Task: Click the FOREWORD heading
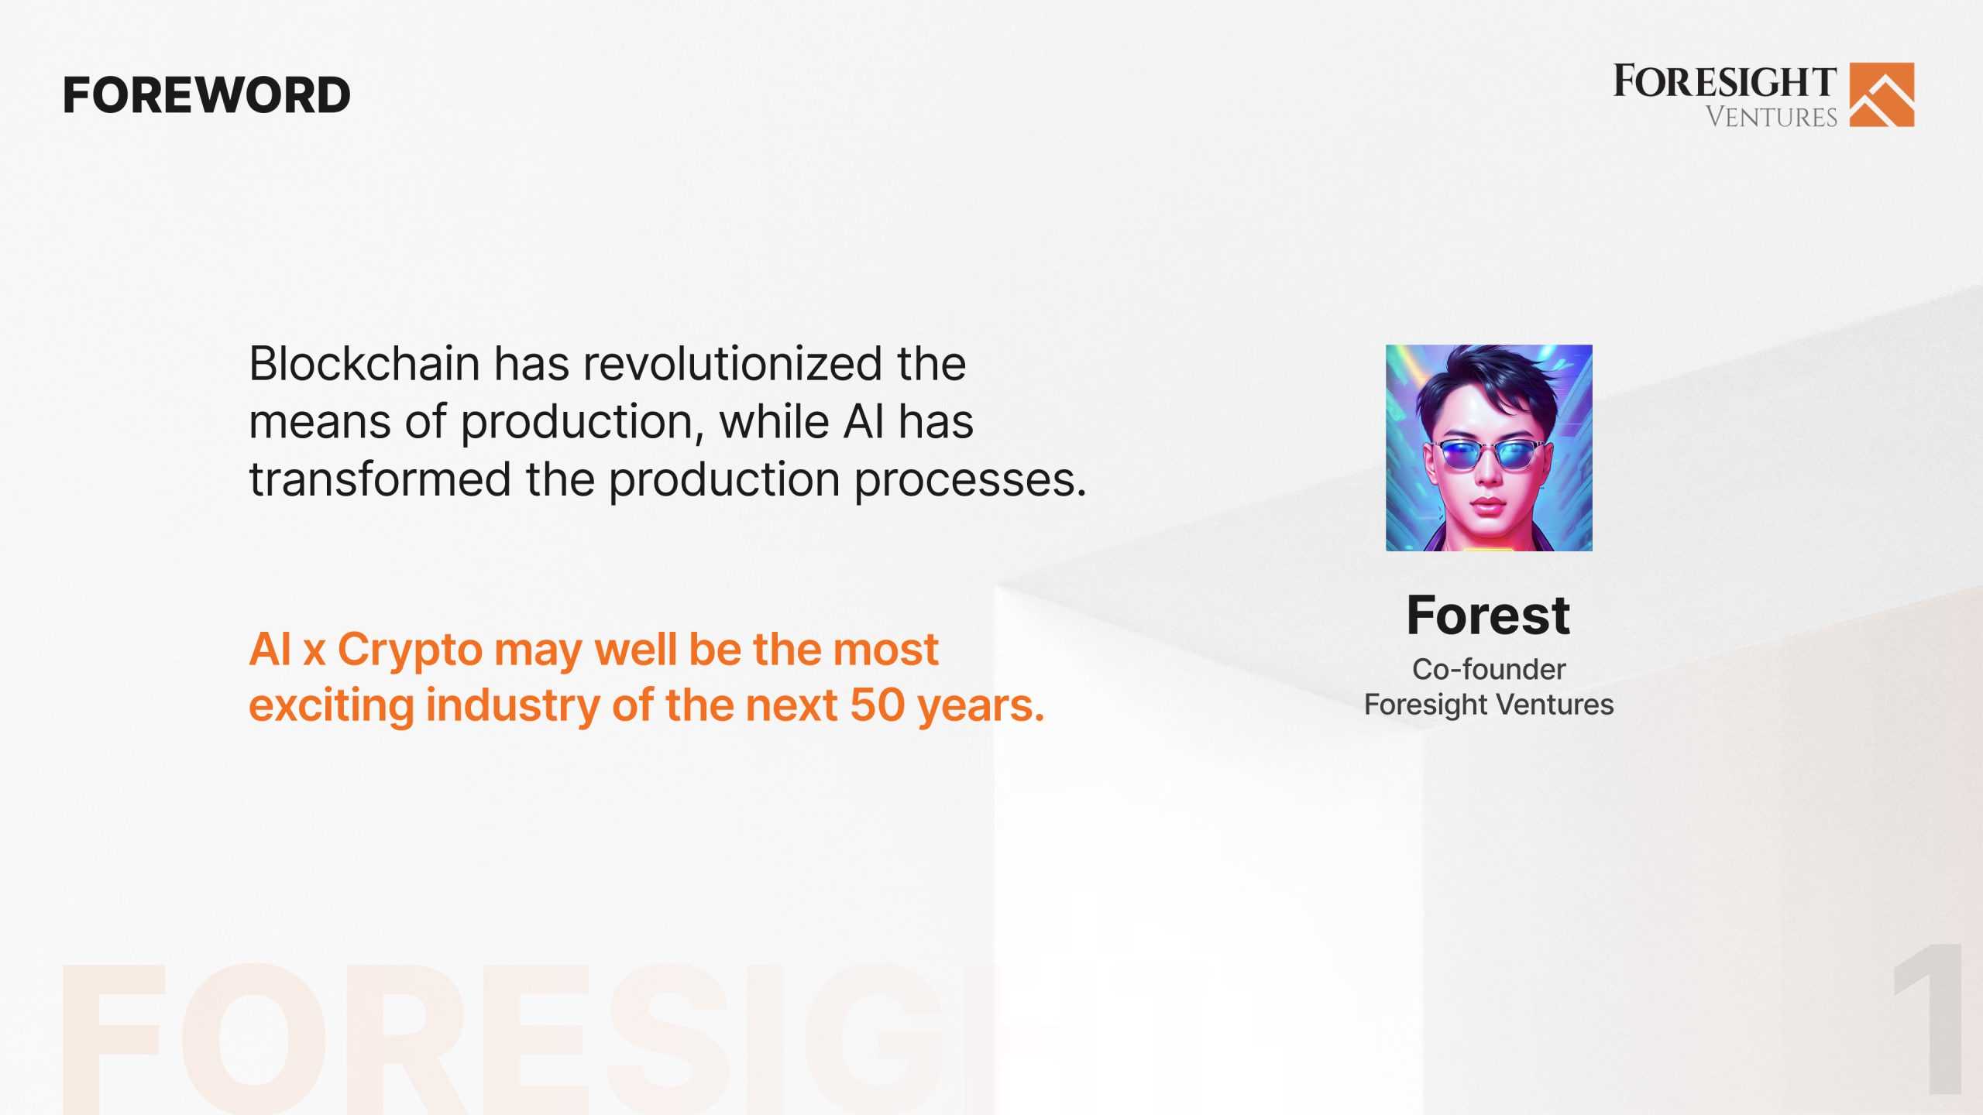(206, 95)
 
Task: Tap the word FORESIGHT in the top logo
(1724, 82)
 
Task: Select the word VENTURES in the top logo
(1771, 117)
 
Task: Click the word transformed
(380, 479)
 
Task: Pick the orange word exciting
(331, 705)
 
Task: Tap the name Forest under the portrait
(1488, 616)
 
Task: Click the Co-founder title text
(1488, 669)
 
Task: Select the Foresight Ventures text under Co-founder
(1488, 705)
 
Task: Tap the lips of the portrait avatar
(1487, 507)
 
